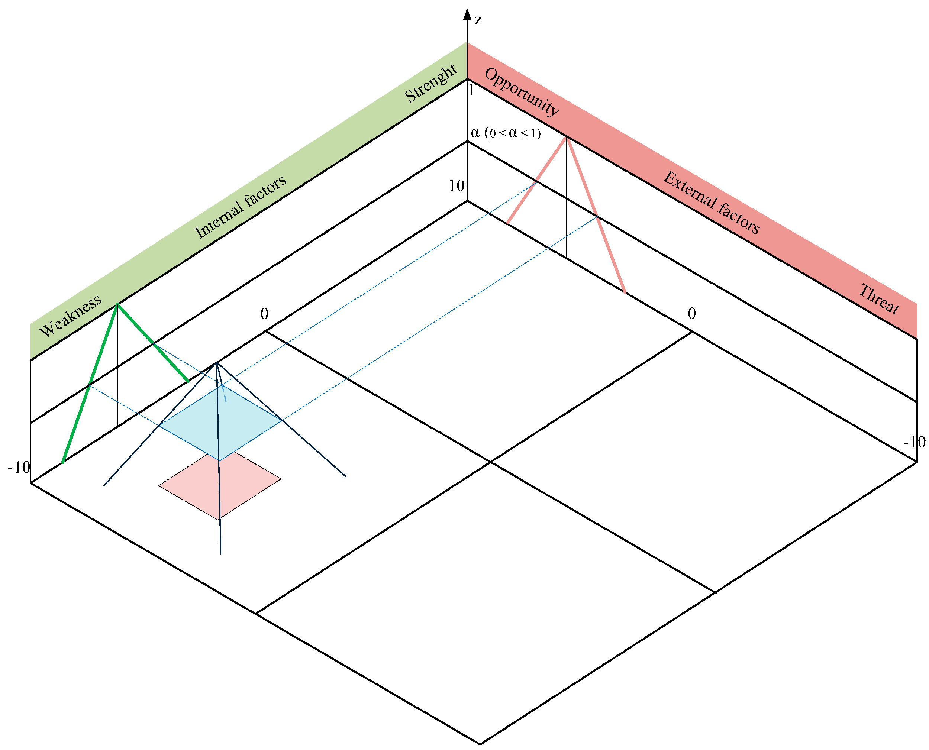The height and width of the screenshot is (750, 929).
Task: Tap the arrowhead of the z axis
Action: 467,14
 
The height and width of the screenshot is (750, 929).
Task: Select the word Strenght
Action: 430,83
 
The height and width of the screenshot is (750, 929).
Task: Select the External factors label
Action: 711,203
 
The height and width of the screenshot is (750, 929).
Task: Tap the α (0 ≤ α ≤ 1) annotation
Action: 506,133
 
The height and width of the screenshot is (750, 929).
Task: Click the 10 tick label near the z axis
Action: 456,186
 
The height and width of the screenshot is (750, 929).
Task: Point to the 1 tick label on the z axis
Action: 471,91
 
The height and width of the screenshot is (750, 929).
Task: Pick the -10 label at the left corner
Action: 19,468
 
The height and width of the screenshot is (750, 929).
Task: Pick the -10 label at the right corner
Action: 914,442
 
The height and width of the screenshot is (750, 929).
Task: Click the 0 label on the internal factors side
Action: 264,314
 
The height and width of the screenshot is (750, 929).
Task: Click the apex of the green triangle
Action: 117,305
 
